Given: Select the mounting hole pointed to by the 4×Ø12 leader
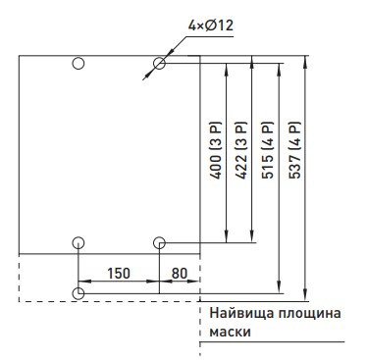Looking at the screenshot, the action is point(159,65).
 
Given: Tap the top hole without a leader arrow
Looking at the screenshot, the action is point(79,65).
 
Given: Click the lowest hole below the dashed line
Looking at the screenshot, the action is point(79,291).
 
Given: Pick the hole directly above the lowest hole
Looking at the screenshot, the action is point(79,241).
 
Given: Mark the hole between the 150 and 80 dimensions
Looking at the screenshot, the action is point(159,241).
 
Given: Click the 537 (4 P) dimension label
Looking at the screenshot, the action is point(294,150).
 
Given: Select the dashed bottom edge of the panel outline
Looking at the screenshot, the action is point(108,300).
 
